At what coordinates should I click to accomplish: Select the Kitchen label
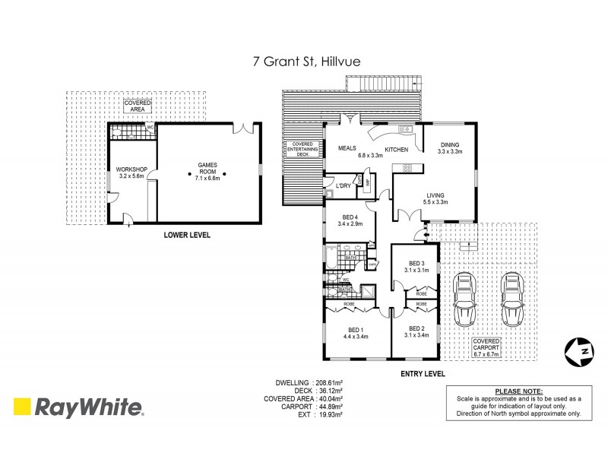[397, 150]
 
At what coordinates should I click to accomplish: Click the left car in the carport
[464, 299]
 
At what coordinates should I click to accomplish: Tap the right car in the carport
[513, 299]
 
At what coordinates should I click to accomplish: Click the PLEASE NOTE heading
[513, 389]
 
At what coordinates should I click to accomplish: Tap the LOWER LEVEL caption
[187, 236]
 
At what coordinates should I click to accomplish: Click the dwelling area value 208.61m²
[324, 383]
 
